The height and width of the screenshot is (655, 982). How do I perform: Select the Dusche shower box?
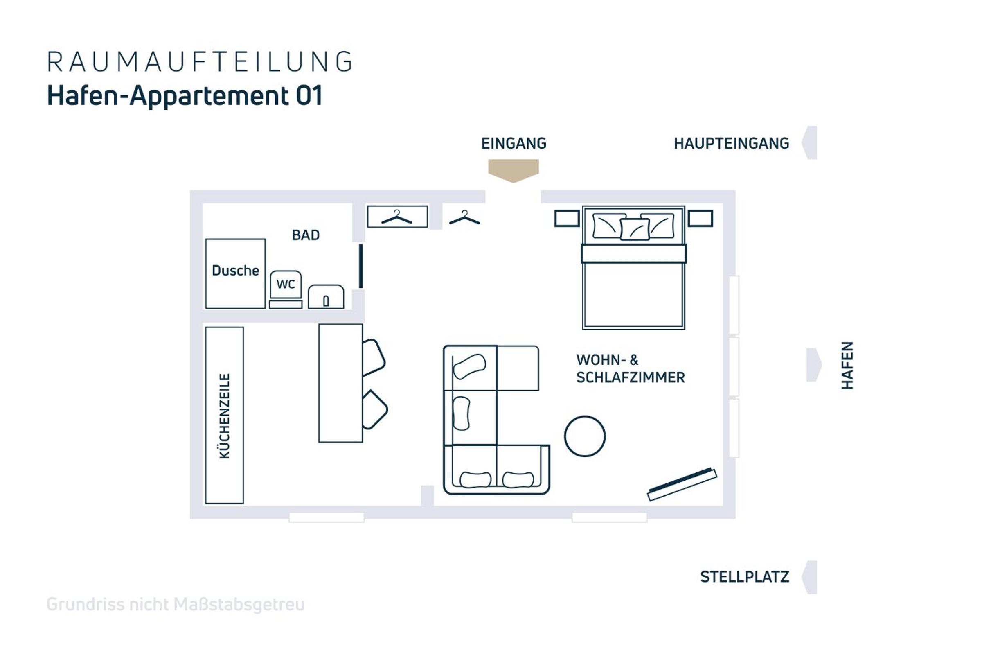(x=236, y=273)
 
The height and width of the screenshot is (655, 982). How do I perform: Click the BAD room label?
(x=306, y=235)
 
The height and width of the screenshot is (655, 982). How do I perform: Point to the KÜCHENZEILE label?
(x=225, y=416)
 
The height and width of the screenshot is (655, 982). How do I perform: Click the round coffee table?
(x=585, y=436)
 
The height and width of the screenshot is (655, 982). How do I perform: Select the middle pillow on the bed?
(x=635, y=229)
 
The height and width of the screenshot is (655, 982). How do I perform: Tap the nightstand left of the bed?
(x=567, y=219)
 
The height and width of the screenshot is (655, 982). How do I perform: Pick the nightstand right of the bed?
(x=700, y=219)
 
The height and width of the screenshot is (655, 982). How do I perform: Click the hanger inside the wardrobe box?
(x=396, y=217)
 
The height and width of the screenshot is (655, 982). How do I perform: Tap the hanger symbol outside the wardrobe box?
(x=464, y=217)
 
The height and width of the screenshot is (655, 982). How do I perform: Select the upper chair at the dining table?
(x=373, y=357)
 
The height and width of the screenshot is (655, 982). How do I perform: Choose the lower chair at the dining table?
(x=374, y=409)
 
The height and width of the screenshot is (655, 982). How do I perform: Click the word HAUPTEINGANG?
(x=732, y=143)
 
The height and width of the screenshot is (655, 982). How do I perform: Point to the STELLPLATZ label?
(x=744, y=577)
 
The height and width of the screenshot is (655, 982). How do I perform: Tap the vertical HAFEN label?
(x=847, y=365)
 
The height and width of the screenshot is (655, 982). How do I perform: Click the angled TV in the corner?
(x=682, y=484)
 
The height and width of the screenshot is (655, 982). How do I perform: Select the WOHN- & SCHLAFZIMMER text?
(x=631, y=368)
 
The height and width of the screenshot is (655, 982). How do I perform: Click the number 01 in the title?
(x=309, y=96)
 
